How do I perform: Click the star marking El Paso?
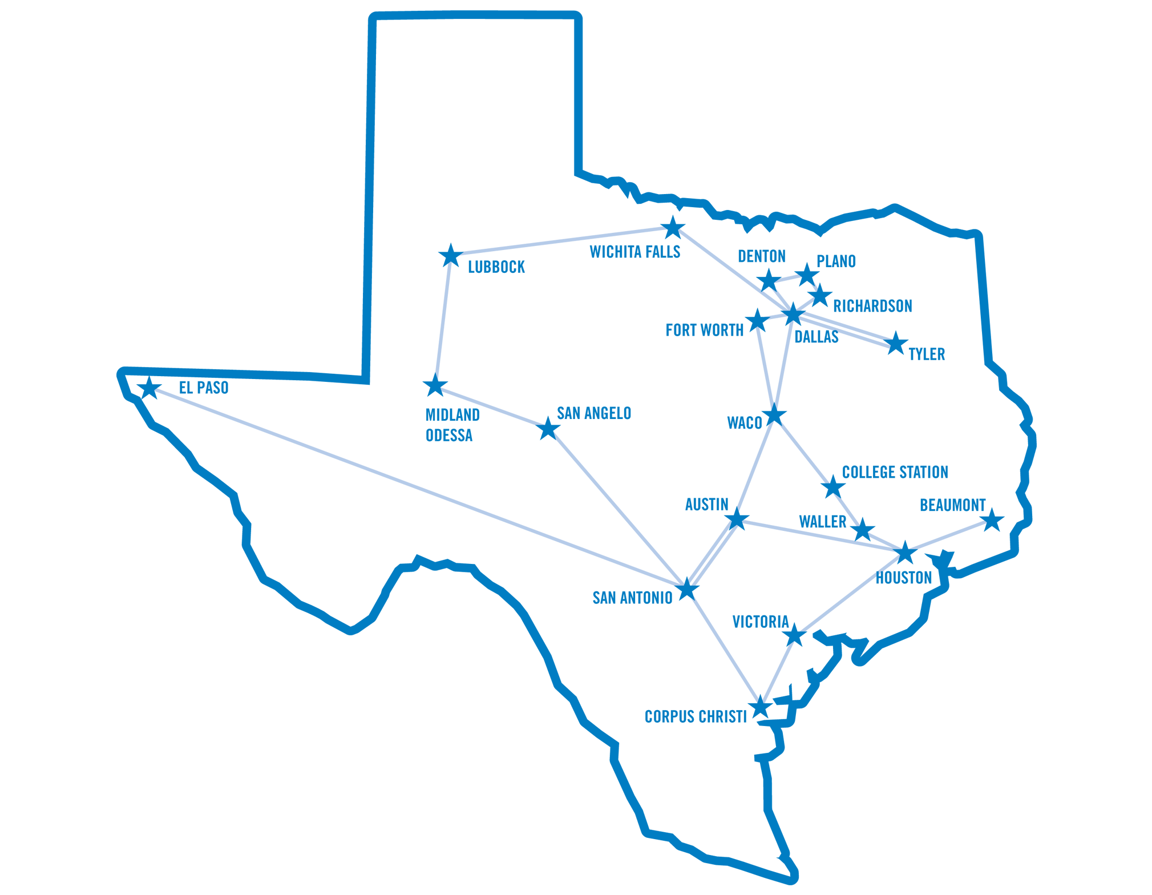tap(149, 388)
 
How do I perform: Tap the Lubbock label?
tap(496, 267)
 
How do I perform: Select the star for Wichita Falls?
tap(673, 228)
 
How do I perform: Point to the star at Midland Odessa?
tap(435, 386)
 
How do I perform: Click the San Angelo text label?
tap(593, 413)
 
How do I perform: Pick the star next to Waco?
tap(774, 415)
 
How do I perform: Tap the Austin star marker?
tap(737, 519)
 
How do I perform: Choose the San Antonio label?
tap(632, 598)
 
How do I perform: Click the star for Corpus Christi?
tap(760, 708)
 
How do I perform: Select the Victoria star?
tap(794, 635)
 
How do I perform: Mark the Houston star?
tap(905, 553)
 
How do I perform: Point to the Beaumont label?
tap(952, 505)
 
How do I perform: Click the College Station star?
tap(833, 487)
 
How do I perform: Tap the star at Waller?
tap(863, 530)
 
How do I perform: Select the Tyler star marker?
tap(895, 344)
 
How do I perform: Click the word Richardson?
tap(872, 306)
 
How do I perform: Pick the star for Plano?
tap(807, 275)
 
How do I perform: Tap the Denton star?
tap(769, 280)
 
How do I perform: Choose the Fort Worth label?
tap(704, 330)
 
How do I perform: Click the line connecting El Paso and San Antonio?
tap(417, 487)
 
